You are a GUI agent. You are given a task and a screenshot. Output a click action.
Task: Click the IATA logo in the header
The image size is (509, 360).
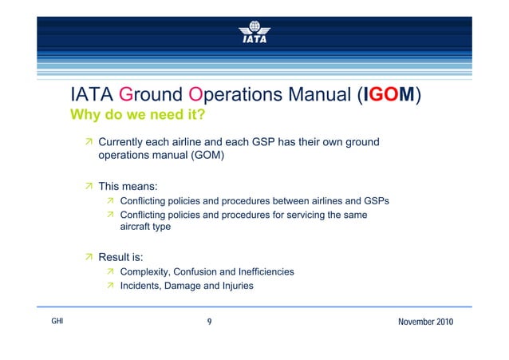pyautogui.click(x=254, y=33)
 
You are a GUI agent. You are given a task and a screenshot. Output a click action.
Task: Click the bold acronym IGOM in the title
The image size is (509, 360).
pyautogui.click(x=387, y=96)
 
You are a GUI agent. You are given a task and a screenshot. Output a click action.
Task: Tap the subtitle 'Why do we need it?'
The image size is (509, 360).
pyautogui.click(x=138, y=116)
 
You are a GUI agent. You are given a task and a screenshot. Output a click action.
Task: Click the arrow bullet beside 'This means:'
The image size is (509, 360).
pyautogui.click(x=90, y=187)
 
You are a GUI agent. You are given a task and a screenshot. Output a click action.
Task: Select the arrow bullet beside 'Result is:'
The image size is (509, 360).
pyautogui.click(x=90, y=258)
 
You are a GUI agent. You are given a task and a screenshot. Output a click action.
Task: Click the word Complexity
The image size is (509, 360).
pyautogui.click(x=147, y=272)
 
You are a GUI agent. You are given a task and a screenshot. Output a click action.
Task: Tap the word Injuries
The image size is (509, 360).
pyautogui.click(x=235, y=286)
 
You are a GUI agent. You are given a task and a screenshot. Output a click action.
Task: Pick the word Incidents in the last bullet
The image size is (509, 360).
pyautogui.click(x=142, y=286)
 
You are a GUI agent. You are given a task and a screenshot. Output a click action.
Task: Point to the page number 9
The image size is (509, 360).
pyautogui.click(x=209, y=321)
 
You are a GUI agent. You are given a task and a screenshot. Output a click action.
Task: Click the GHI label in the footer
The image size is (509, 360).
pyautogui.click(x=57, y=321)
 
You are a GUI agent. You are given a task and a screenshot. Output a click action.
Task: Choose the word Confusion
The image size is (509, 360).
pyautogui.click(x=203, y=272)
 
